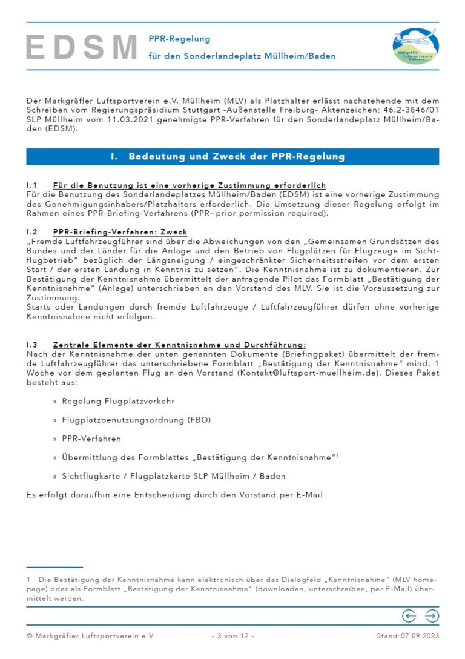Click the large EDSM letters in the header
coord(82,47)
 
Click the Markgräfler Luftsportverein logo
coord(416,46)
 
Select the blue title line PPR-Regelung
coord(179,39)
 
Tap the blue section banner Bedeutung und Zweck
coord(232,157)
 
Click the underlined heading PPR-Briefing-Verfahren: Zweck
coord(120,232)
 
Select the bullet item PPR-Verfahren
coord(91,438)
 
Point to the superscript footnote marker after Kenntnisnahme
coord(337,454)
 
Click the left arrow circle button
coord(409,616)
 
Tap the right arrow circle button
coord(432,616)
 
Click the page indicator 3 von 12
coord(232,636)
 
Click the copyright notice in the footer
coord(90,636)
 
